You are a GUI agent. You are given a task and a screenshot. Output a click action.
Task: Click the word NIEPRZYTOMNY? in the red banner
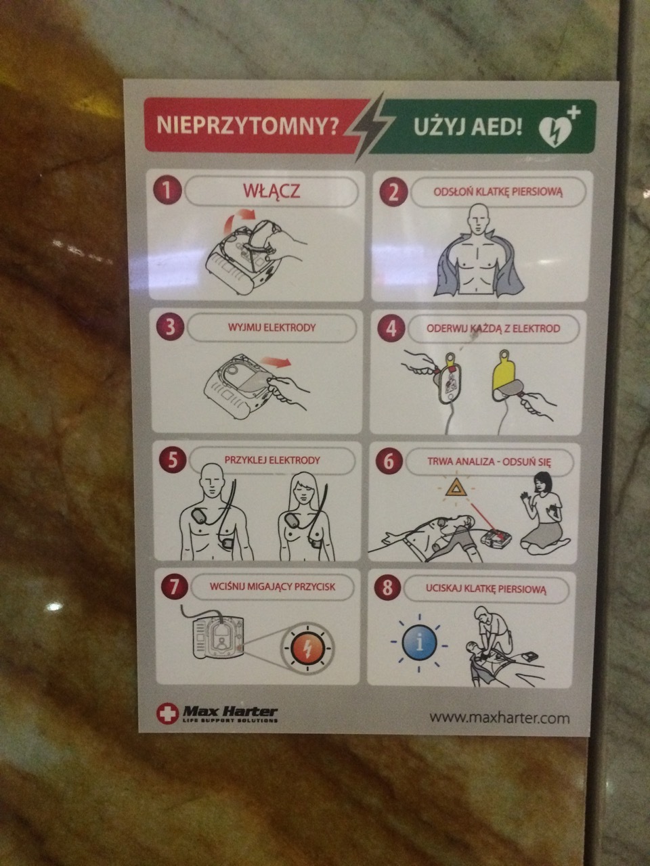[247, 125]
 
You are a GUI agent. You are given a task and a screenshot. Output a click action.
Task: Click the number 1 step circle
[167, 191]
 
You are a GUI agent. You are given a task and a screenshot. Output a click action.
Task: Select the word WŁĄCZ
[272, 191]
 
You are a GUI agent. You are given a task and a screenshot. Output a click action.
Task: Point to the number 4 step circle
[391, 328]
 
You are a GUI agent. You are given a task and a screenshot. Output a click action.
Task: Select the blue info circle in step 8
[419, 643]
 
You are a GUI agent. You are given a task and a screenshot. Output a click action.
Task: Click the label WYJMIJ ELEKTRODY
[272, 327]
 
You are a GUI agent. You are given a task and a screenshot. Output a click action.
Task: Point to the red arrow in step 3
[276, 362]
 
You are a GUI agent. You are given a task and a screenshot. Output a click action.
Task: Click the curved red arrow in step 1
[237, 221]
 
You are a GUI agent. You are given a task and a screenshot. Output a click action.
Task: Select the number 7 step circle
[173, 587]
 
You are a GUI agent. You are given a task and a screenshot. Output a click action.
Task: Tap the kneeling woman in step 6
[544, 514]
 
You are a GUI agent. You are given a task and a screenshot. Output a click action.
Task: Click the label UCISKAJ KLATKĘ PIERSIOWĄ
[486, 589]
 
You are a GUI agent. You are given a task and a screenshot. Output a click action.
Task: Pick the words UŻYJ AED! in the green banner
[468, 127]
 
